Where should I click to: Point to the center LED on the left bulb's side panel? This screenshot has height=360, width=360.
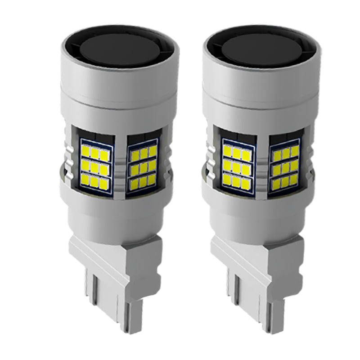[x=143, y=167]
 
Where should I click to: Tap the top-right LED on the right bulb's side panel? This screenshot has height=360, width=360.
[x=295, y=151]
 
